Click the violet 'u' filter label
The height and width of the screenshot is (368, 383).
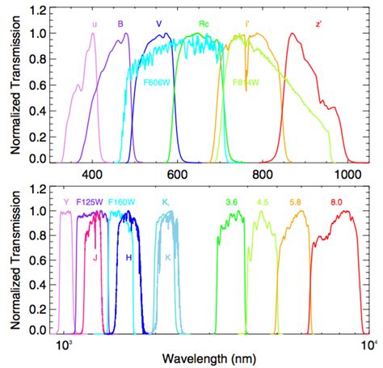[x=95, y=25]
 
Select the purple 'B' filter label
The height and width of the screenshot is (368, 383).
[x=120, y=25]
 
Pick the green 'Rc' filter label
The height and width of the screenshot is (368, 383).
[x=205, y=25]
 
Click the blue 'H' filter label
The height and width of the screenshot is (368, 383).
[x=128, y=258]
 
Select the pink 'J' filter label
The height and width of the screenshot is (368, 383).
[x=95, y=258]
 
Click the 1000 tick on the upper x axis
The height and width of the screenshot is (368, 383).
[x=347, y=174]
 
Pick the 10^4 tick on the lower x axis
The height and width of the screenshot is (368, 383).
[x=366, y=345]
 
